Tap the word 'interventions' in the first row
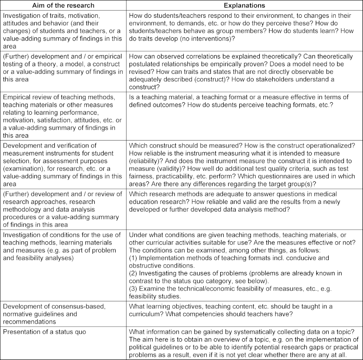pos(214,39)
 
